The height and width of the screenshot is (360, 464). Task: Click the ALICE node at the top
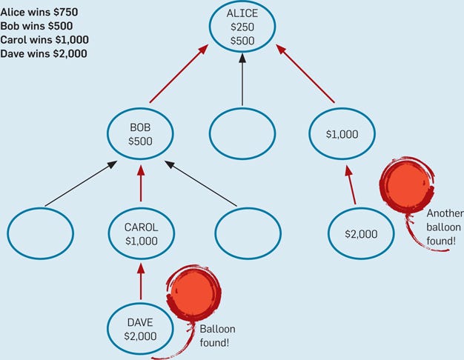click(x=242, y=27)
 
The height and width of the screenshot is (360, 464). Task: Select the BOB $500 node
click(x=140, y=134)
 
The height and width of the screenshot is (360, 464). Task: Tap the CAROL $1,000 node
click(x=141, y=233)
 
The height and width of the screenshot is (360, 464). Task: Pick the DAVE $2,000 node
click(x=140, y=329)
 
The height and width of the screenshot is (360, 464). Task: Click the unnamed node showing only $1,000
click(x=342, y=134)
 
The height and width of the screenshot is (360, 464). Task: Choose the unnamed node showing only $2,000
click(x=361, y=233)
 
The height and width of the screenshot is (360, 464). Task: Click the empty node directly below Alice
click(x=242, y=134)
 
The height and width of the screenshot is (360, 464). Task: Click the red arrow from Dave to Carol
click(x=141, y=281)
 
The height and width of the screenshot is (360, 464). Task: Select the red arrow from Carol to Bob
click(x=141, y=184)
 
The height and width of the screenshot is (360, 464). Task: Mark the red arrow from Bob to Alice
click(x=179, y=73)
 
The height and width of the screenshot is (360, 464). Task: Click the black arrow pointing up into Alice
click(x=242, y=79)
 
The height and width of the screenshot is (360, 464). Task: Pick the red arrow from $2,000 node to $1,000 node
click(x=351, y=184)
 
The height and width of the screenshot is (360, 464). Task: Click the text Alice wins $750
click(x=39, y=12)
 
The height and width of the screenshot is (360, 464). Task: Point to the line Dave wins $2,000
click(x=44, y=53)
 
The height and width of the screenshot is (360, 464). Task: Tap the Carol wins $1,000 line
click(x=44, y=40)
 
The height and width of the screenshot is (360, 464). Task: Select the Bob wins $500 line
click(x=36, y=26)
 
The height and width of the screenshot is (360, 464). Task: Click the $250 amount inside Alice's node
click(x=242, y=27)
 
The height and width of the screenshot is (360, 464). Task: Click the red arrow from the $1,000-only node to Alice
click(x=305, y=73)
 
